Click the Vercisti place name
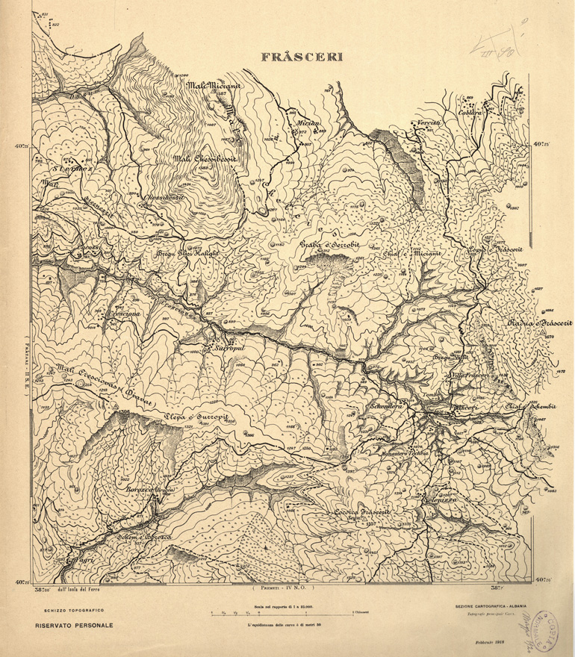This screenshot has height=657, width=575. pos(430,122)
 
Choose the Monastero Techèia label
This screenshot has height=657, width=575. pos(401,455)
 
